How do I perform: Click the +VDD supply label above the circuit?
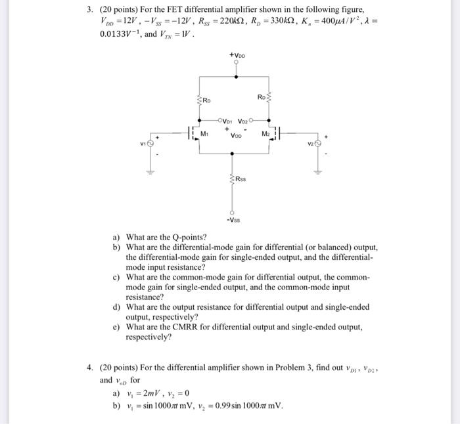pos(238,56)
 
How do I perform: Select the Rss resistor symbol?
pos(231,179)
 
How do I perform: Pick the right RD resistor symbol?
pos(268,100)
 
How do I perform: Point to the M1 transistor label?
pos(205,133)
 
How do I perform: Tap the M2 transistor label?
pos(265,133)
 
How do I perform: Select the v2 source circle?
pos(319,142)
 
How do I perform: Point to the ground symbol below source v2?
pos(319,173)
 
